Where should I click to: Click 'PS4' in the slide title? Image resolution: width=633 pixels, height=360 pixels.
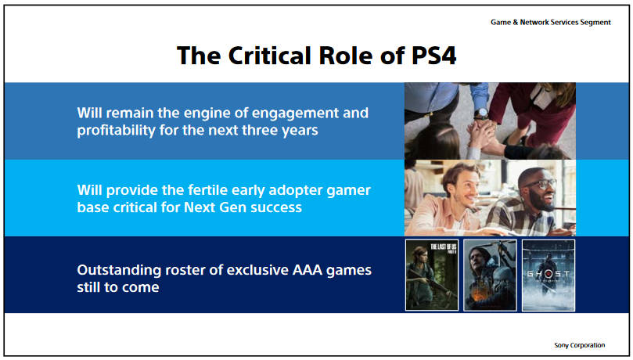point(434,56)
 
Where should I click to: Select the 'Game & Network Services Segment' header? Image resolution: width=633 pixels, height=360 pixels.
point(551,22)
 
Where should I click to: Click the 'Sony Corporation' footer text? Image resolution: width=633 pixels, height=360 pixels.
point(579,345)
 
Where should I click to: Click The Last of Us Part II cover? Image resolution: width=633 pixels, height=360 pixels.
point(432,275)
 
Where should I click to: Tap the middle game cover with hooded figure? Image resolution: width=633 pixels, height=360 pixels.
point(490,275)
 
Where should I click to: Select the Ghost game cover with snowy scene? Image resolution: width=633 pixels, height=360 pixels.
point(548,275)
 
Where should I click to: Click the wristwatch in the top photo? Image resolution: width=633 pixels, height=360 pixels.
point(480,113)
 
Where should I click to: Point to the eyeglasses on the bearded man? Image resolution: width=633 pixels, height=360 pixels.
point(541,184)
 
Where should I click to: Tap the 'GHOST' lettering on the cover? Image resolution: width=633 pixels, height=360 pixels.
point(548,274)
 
